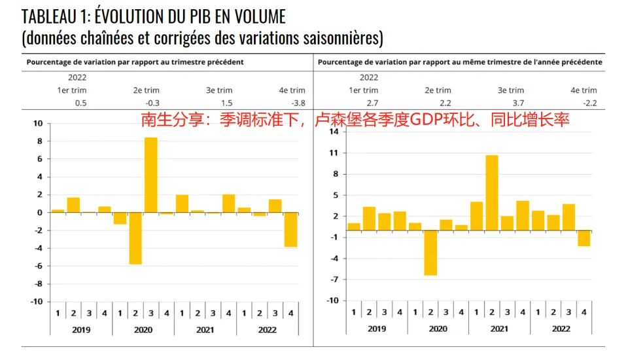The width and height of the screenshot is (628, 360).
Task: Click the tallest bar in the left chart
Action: [150, 175]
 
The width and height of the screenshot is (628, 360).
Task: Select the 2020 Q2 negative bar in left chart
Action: [135, 238]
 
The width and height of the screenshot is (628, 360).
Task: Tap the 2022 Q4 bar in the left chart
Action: [290, 230]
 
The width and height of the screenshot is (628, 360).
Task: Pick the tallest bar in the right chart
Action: [492, 192]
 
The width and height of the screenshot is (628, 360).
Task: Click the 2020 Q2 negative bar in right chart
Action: [430, 253]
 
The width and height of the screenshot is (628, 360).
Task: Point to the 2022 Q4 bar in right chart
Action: [584, 238]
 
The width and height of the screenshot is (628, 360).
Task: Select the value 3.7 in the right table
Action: [517, 103]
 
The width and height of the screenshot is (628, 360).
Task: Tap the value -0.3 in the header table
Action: [152, 103]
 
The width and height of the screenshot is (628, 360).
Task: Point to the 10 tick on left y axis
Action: [37, 123]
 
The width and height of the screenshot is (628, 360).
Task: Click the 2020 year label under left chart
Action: [143, 330]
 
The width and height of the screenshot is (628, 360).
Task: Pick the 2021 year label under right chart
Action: [499, 329]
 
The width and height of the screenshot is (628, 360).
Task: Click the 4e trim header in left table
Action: [292, 90]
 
